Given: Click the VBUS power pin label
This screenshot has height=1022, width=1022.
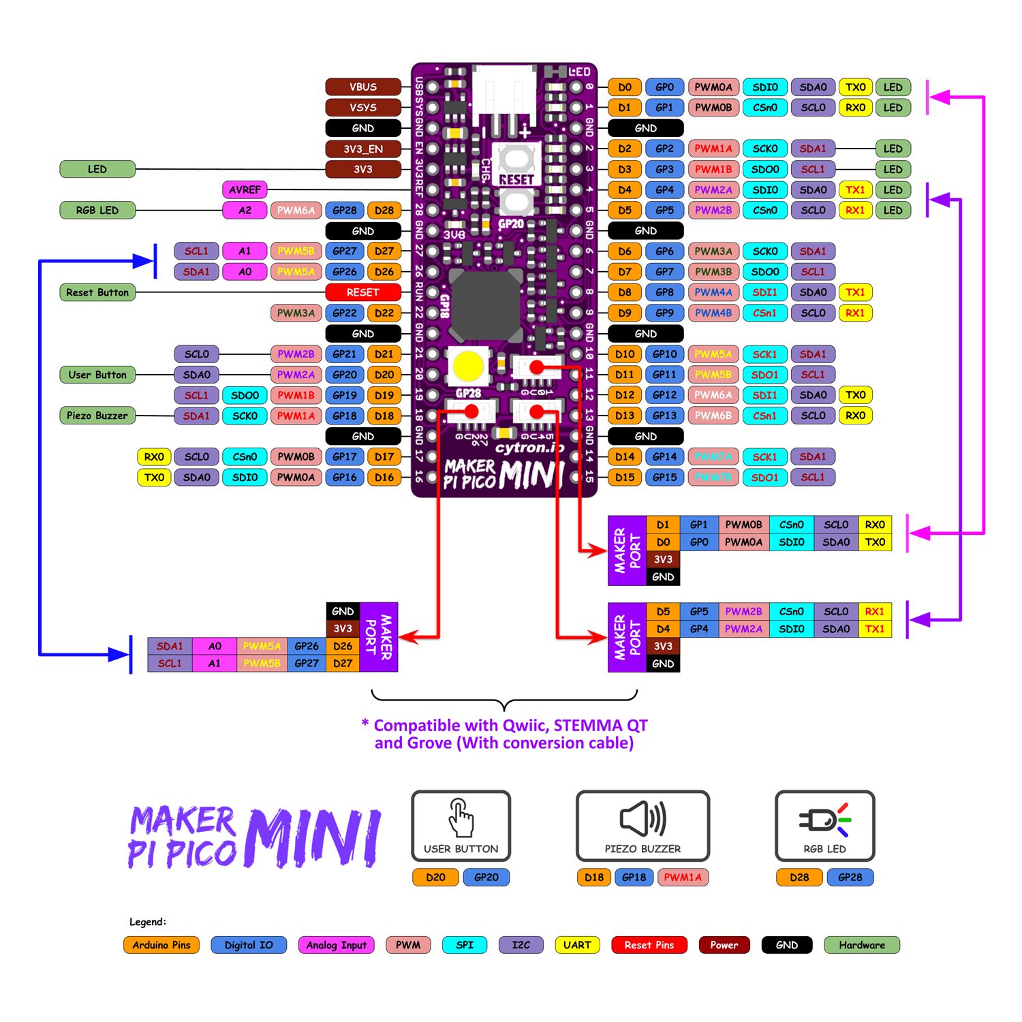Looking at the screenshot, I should tap(362, 87).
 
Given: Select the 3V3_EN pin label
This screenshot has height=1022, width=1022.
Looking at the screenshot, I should tap(362, 149).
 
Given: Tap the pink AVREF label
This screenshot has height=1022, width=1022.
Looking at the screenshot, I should tap(245, 189).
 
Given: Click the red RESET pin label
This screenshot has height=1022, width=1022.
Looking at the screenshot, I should tap(362, 292).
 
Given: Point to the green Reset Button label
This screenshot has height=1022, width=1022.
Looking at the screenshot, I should tap(97, 292).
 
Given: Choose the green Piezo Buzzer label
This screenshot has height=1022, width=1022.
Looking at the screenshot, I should tap(97, 416).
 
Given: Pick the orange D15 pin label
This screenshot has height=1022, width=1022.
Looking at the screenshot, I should tap(625, 477).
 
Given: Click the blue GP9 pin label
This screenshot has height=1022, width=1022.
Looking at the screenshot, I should tap(664, 313).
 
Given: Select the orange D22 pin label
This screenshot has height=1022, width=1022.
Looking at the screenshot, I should tap(384, 313).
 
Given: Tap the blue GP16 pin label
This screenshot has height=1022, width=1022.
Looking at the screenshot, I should tap(345, 477).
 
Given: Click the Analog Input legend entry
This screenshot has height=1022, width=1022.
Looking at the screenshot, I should tap(336, 945).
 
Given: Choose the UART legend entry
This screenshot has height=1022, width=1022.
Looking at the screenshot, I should tap(577, 945).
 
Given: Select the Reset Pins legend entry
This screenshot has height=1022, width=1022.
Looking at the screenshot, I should tap(649, 945).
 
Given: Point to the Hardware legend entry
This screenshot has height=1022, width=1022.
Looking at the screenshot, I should tap(862, 945).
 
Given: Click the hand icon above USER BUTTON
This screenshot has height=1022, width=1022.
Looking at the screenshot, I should tap(461, 818).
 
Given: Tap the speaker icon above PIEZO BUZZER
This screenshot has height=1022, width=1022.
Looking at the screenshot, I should tap(642, 818).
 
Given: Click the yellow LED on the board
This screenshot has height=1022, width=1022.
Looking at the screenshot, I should tap(469, 366).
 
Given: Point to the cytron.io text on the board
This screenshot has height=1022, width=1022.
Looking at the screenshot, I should tap(529, 448).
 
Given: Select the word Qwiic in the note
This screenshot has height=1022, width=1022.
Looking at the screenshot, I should tap(525, 725).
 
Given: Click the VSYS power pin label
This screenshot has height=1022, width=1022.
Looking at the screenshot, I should tap(362, 108).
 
